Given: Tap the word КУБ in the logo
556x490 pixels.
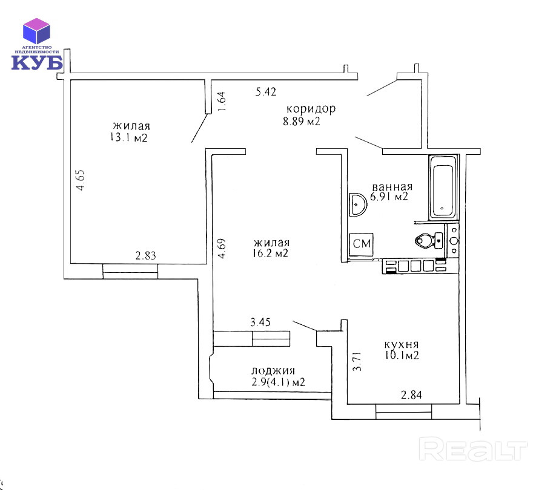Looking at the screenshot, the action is (37, 62).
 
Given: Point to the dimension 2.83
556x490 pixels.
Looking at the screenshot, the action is (145, 256).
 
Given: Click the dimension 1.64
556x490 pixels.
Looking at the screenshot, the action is (222, 101).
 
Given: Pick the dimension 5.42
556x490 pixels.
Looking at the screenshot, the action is (266, 92).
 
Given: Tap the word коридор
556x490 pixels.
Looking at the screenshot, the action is (311, 109).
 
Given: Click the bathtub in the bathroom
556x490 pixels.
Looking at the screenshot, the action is (443, 188).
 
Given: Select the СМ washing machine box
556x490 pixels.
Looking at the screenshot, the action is (362, 244).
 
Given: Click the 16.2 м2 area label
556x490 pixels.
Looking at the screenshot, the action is (271, 254).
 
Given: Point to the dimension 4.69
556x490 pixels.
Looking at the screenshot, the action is (222, 249).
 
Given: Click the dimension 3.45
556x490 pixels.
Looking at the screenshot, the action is (260, 323).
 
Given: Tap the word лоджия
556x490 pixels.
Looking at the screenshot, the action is (273, 371).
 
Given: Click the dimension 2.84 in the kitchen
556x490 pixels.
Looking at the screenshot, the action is (411, 396).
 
